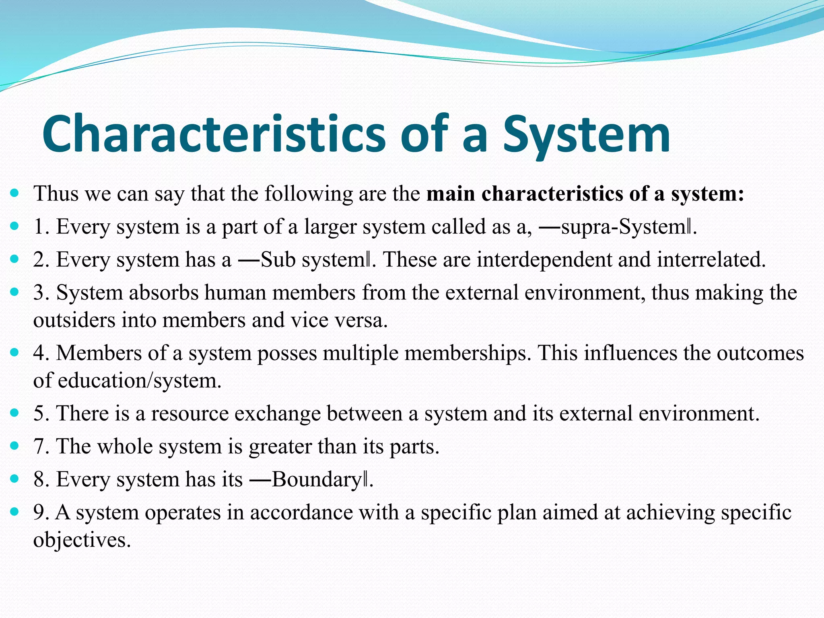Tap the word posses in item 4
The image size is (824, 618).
[287, 353]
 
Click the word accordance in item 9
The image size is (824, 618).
[301, 513]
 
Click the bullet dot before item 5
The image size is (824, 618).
[14, 412]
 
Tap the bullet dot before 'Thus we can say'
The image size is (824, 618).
[14, 193]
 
